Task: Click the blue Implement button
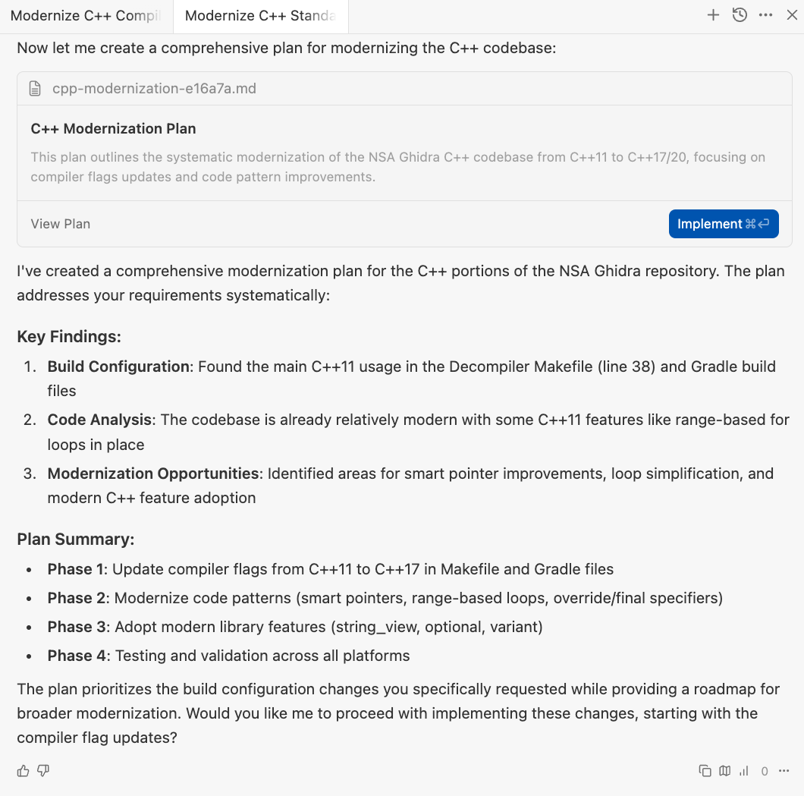coord(723,224)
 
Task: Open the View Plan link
coord(61,224)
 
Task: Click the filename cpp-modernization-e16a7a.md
coord(154,89)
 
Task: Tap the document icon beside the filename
coord(35,89)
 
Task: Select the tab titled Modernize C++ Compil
coord(86,16)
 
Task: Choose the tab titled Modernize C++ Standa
coord(260,16)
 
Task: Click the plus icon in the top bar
coord(713,15)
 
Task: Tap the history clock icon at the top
coord(740,15)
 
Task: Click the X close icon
coord(792,15)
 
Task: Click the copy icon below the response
coord(705,771)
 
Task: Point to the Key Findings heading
coord(69,337)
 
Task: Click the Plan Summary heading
coord(76,540)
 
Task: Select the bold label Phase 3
coord(70,627)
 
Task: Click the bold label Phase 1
coord(70,569)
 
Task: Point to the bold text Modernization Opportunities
coord(153,474)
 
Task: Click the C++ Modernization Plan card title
coord(114,129)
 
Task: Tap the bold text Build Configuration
coord(118,367)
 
